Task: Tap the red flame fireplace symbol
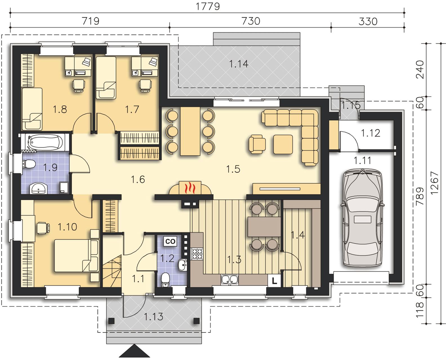click(190, 188)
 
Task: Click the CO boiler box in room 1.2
click(170, 241)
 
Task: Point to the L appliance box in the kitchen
click(274, 280)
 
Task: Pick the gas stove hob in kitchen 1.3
click(197, 254)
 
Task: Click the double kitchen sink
click(230, 280)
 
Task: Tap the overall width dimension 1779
click(208, 6)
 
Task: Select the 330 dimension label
click(368, 21)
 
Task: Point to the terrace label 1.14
click(239, 64)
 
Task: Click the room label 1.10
click(67, 227)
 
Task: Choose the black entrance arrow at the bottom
click(134, 351)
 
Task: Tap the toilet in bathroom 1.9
click(28, 164)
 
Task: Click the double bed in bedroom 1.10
click(76, 256)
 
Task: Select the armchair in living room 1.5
click(257, 144)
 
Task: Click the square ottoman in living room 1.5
click(283, 144)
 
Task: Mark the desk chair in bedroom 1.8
click(79, 85)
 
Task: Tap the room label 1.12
click(371, 133)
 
